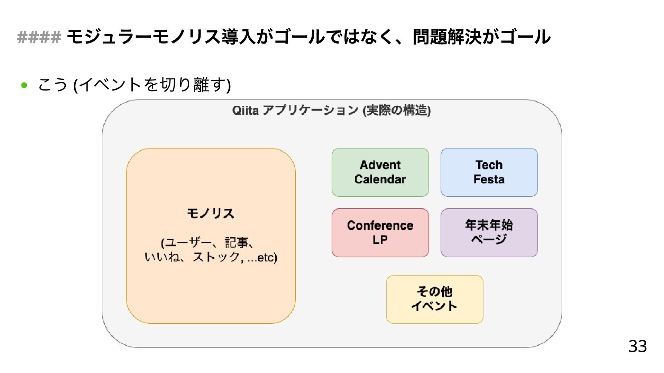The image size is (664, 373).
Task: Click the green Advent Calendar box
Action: pos(380,172)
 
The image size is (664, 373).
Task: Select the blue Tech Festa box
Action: pos(489,172)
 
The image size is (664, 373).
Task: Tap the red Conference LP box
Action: pos(380,232)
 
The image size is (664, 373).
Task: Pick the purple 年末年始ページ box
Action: pos(489,232)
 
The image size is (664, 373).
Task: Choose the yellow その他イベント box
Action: pos(434,299)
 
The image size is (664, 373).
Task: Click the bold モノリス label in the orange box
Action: pos(211,213)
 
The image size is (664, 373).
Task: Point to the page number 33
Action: pos(637,346)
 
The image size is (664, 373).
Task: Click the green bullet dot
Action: pos(24,85)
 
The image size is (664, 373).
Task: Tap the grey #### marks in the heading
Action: pos(39,37)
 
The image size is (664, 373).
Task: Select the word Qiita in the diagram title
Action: pos(245,111)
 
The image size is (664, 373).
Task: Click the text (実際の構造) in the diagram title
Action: pos(397,111)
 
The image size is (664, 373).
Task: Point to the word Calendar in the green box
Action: pos(380,179)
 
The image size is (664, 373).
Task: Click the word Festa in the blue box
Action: pos(489,179)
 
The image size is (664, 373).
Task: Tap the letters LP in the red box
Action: pos(380,240)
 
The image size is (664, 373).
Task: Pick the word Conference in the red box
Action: pos(380,225)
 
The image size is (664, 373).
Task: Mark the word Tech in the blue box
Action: pos(489,165)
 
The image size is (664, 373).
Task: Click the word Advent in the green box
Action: pos(380,165)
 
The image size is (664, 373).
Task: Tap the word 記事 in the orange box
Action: pos(237,243)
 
